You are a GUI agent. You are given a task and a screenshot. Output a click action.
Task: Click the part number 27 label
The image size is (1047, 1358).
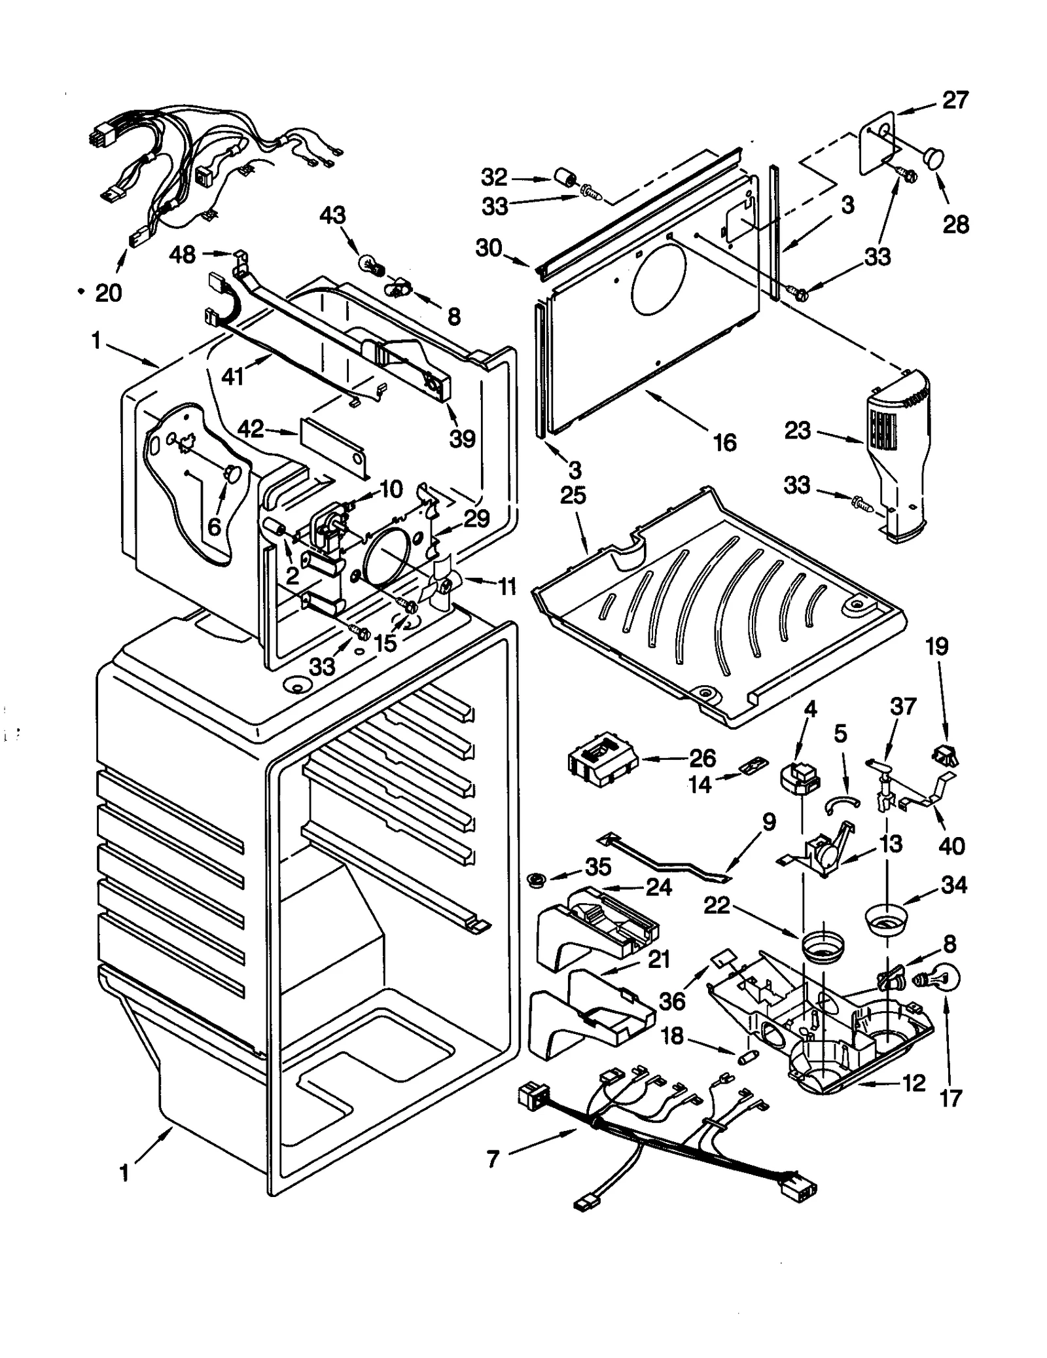coord(955,101)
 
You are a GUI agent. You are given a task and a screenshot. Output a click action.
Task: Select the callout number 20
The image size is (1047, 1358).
coord(109,293)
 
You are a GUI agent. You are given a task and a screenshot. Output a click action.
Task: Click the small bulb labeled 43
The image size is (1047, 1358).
coord(371,264)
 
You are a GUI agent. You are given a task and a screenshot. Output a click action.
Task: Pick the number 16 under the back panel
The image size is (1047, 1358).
coord(724,442)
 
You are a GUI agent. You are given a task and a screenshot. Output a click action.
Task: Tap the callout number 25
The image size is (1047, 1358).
coord(573,495)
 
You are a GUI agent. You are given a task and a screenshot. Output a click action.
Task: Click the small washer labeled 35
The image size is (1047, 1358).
coord(537,879)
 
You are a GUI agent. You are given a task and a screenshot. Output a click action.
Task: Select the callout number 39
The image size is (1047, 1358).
coord(462,438)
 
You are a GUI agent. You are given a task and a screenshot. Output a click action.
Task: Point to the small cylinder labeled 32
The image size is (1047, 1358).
coord(565,177)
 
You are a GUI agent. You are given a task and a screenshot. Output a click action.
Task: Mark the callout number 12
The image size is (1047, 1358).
coord(914,1083)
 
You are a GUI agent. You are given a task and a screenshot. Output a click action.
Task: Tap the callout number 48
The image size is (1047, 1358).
coord(183,254)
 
